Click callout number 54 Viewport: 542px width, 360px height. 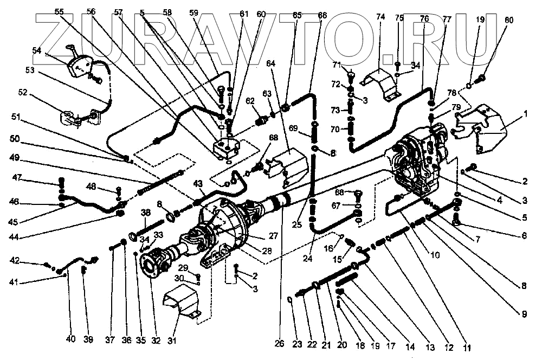point(36,50)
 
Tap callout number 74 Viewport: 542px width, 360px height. point(380,17)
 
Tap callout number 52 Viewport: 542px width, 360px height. point(22,92)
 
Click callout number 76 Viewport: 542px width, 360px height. point(424,18)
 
